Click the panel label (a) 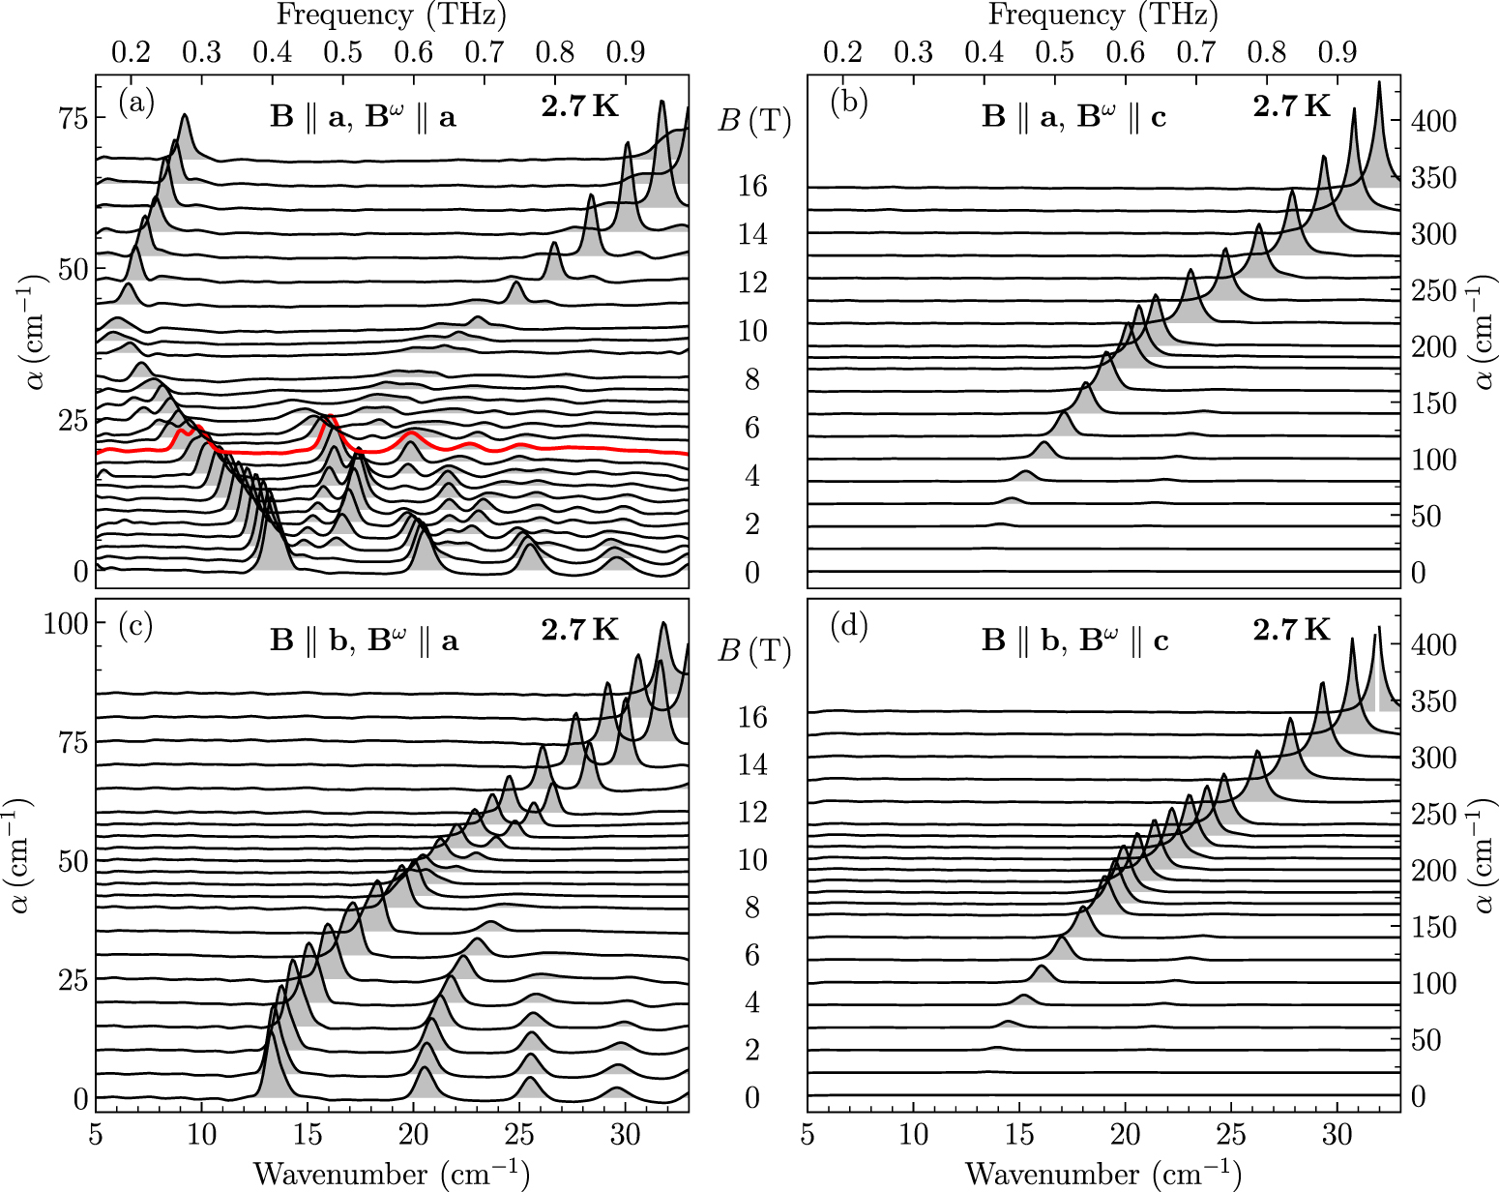(136, 103)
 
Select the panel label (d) (848, 626)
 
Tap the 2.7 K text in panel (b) (1291, 106)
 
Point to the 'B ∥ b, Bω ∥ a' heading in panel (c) (364, 641)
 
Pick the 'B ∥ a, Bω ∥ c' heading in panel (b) (1074, 118)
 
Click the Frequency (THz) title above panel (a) (391, 15)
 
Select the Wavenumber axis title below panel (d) (1102, 1174)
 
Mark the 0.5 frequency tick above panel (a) (343, 51)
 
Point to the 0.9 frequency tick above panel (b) (1337, 51)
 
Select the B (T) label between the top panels (754, 122)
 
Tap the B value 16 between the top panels (752, 186)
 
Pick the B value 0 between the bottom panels (752, 1097)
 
